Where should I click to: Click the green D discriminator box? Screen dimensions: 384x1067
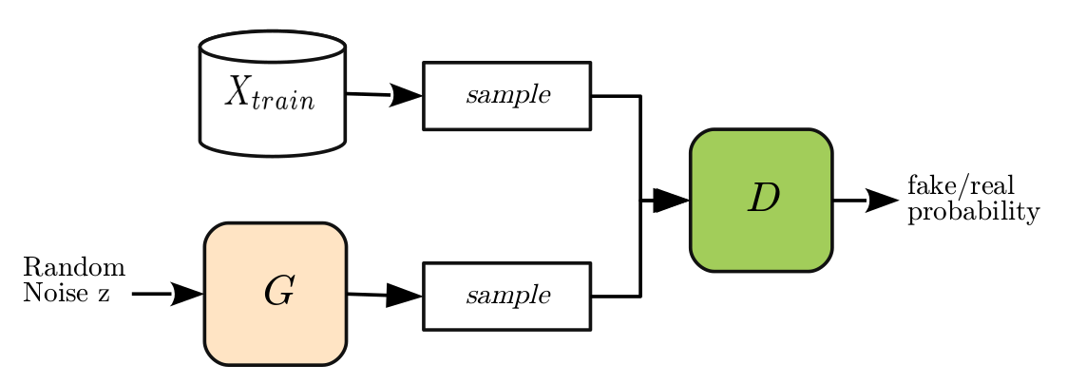(x=761, y=200)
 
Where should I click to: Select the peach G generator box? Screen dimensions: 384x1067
(x=276, y=294)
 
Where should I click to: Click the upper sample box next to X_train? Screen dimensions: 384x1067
(x=506, y=95)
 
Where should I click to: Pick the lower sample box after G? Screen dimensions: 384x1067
(x=506, y=296)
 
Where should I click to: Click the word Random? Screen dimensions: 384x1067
(x=74, y=266)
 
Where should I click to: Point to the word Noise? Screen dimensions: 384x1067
(x=52, y=294)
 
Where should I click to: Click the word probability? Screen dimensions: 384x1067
(x=973, y=212)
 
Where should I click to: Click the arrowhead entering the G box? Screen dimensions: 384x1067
(x=187, y=294)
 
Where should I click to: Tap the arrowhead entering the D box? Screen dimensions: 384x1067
(x=671, y=200)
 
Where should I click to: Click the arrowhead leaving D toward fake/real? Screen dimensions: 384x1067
(x=881, y=200)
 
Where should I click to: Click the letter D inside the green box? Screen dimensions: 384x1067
(x=763, y=198)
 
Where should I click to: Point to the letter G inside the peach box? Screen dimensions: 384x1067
(x=277, y=294)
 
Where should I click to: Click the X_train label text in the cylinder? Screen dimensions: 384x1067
(x=270, y=93)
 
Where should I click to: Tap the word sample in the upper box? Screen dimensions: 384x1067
(x=507, y=96)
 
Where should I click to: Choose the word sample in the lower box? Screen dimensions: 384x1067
(x=507, y=296)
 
